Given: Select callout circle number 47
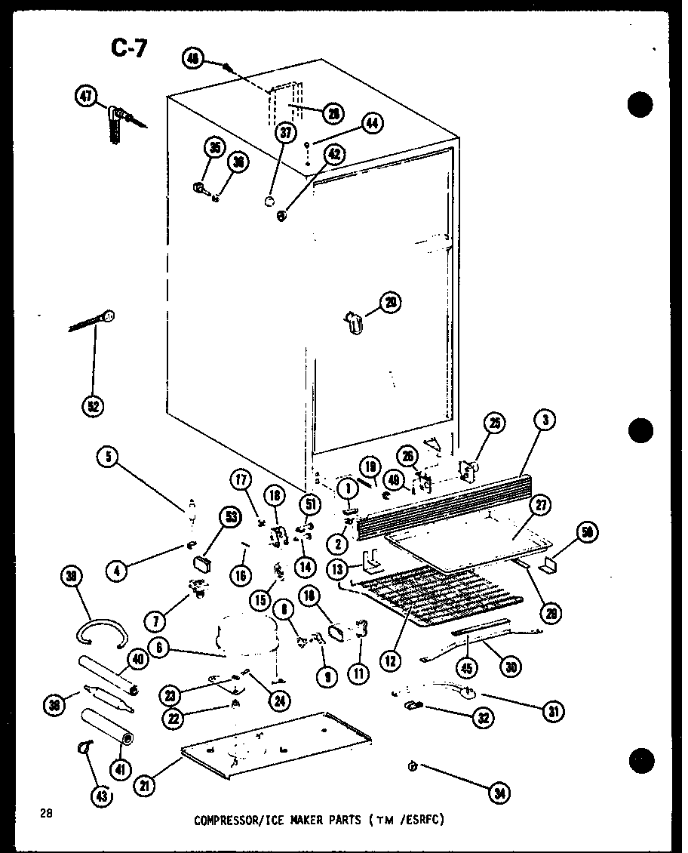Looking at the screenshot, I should pyautogui.click(x=87, y=96).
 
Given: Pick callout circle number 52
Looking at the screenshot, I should pyautogui.click(x=94, y=406).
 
